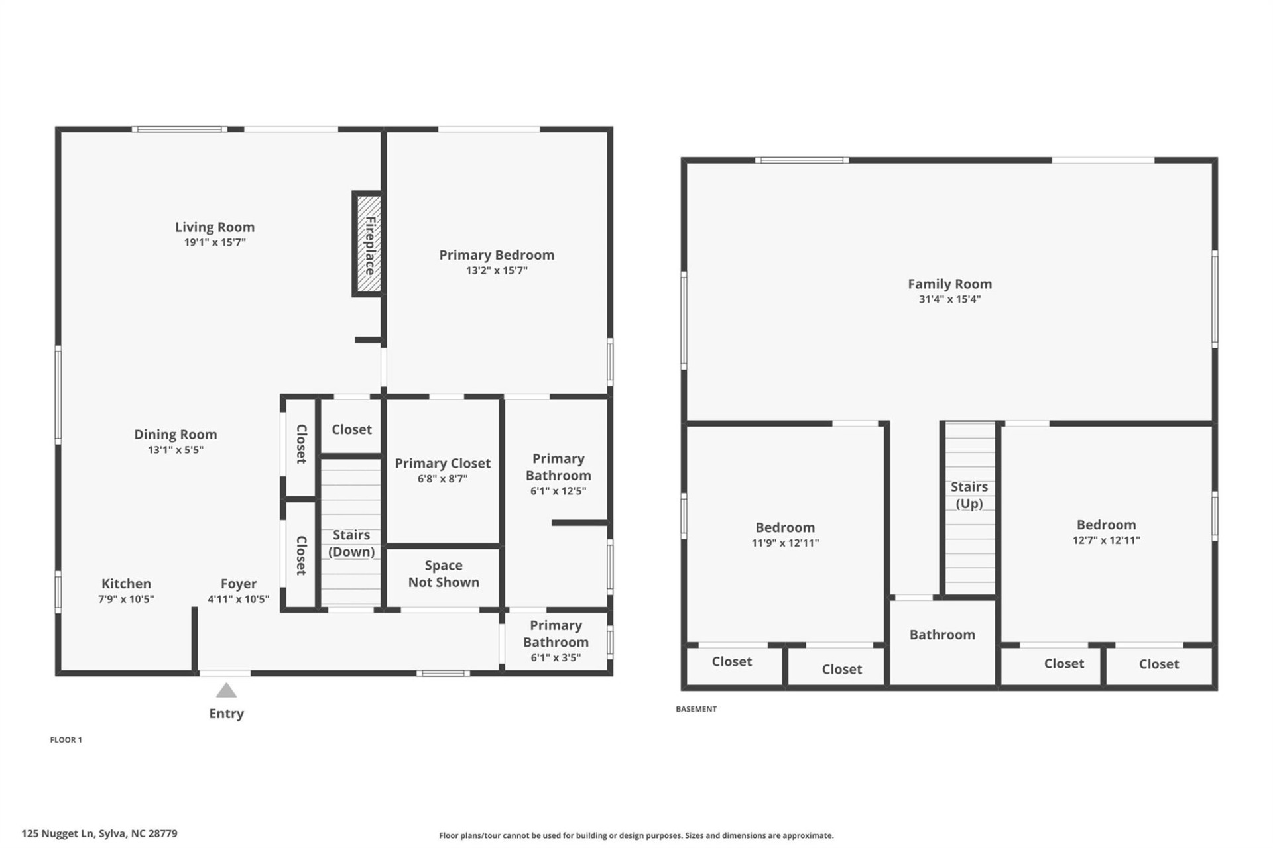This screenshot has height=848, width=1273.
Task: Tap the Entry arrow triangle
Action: pos(226,691)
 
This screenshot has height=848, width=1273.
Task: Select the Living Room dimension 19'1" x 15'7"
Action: pos(215,242)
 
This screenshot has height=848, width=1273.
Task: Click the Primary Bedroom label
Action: pos(497,255)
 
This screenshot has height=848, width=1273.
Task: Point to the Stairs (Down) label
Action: pos(351,543)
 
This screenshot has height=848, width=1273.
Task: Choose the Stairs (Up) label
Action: pos(969,495)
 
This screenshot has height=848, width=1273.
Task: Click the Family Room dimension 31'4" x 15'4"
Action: pos(949,299)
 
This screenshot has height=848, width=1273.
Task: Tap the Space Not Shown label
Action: pos(444,574)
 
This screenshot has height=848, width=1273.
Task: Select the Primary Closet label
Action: pos(442,464)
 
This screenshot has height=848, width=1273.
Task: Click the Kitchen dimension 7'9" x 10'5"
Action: pos(126,600)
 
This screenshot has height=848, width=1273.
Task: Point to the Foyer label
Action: pos(239,584)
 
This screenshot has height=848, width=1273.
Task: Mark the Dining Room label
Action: pos(176,435)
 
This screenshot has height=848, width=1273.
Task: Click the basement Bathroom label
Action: pos(942,635)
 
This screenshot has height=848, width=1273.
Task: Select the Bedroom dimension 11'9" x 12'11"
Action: pos(785,543)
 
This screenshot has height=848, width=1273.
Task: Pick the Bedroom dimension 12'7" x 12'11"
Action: pos(1106,541)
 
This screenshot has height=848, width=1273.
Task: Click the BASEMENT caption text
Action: pos(696,709)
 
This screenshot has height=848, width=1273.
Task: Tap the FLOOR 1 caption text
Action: pos(66,740)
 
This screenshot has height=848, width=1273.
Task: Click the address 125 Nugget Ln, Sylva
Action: pos(99,834)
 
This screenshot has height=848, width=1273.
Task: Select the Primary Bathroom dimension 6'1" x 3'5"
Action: pos(556,658)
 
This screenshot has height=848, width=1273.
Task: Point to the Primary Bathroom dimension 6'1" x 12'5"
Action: pos(558,492)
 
